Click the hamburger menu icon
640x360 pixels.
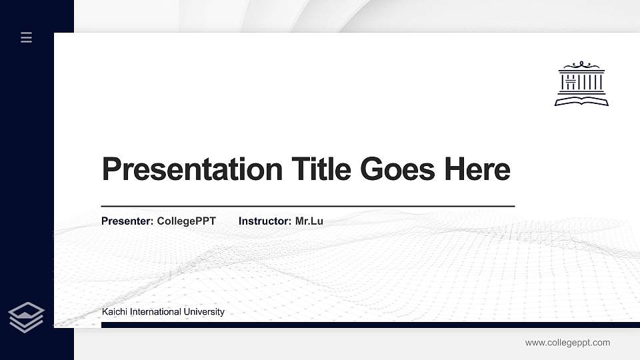(x=26, y=37)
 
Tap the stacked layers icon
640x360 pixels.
(x=26, y=317)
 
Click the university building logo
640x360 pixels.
(x=581, y=83)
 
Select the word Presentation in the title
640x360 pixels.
(x=192, y=169)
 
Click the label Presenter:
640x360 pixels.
(x=127, y=221)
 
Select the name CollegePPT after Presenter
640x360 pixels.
(x=187, y=221)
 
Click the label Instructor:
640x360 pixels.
(x=265, y=221)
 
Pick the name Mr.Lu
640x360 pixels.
(x=309, y=221)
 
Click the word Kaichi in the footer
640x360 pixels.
(x=114, y=311)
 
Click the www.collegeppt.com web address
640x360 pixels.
(x=567, y=343)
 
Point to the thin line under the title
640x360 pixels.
(x=307, y=206)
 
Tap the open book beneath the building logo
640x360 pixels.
(x=581, y=101)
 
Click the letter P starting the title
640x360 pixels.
(x=111, y=169)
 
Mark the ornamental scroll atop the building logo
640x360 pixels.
(x=581, y=64)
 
